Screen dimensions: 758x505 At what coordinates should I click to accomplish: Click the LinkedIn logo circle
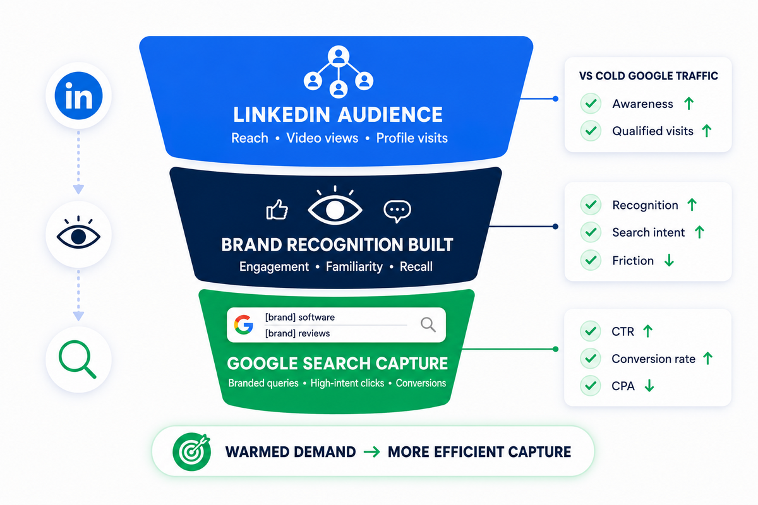click(x=78, y=96)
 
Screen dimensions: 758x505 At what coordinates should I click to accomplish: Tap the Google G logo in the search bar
click(x=244, y=324)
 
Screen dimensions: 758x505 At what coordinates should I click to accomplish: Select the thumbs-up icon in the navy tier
click(x=277, y=210)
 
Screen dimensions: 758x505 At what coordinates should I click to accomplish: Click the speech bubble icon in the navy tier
click(x=397, y=211)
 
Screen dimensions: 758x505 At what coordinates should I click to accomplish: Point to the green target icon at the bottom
click(x=191, y=452)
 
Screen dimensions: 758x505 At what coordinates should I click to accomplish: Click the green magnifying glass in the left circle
click(x=78, y=359)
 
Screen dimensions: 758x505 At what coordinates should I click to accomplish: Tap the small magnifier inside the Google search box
click(x=428, y=324)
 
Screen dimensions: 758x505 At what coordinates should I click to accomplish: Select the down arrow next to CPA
click(x=649, y=385)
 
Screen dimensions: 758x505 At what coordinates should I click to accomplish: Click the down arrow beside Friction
click(x=669, y=260)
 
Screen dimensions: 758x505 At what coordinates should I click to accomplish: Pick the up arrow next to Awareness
click(x=689, y=103)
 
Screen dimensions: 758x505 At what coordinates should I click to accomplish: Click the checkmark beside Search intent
click(x=591, y=232)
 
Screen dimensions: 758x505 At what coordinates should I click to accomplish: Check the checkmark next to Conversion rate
click(x=591, y=359)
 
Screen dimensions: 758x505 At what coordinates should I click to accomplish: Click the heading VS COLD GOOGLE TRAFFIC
click(x=648, y=76)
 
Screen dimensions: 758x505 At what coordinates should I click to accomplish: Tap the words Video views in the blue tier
click(x=322, y=138)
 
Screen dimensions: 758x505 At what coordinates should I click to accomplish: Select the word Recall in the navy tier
click(x=416, y=266)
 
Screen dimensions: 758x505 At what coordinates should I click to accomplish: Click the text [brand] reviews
click(x=298, y=333)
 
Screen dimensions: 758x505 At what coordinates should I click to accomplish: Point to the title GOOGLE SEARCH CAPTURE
click(x=337, y=364)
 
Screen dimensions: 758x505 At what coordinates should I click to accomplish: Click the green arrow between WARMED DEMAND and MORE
click(x=371, y=452)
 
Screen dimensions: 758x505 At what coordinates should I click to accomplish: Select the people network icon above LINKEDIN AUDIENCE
click(x=339, y=72)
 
